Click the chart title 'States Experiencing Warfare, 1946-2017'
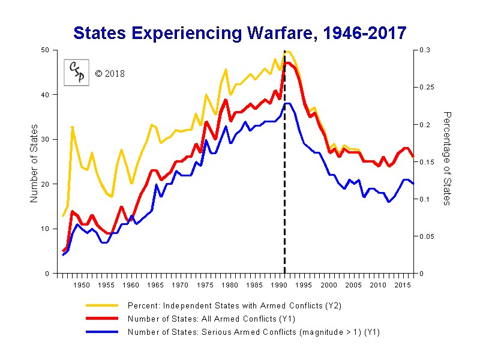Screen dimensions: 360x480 coord(240,32)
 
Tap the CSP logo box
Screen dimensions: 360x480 coord(77,73)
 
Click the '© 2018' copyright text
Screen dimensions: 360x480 coord(110,74)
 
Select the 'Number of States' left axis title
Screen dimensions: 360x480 coord(34,163)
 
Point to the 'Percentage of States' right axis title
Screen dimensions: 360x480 coord(446,158)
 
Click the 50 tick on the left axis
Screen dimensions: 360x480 coord(46,50)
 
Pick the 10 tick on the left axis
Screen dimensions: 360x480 coord(46,229)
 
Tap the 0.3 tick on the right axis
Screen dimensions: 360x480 coord(424,50)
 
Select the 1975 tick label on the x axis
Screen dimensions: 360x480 coord(206,286)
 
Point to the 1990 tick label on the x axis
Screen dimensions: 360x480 coord(280,286)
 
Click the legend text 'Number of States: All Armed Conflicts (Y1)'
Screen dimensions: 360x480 coord(211,319)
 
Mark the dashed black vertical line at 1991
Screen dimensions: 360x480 coord(284,180)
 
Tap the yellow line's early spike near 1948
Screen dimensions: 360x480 coord(73,127)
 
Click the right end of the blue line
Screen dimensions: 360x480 coord(413,183)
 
